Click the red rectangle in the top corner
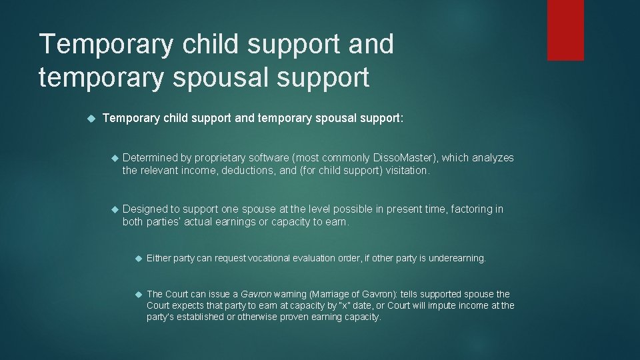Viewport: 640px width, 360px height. pos(565,30)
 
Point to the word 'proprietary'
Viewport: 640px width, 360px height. pos(227,158)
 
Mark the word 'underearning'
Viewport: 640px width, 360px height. pos(457,258)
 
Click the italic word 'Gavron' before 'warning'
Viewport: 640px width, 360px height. pos(255,294)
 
